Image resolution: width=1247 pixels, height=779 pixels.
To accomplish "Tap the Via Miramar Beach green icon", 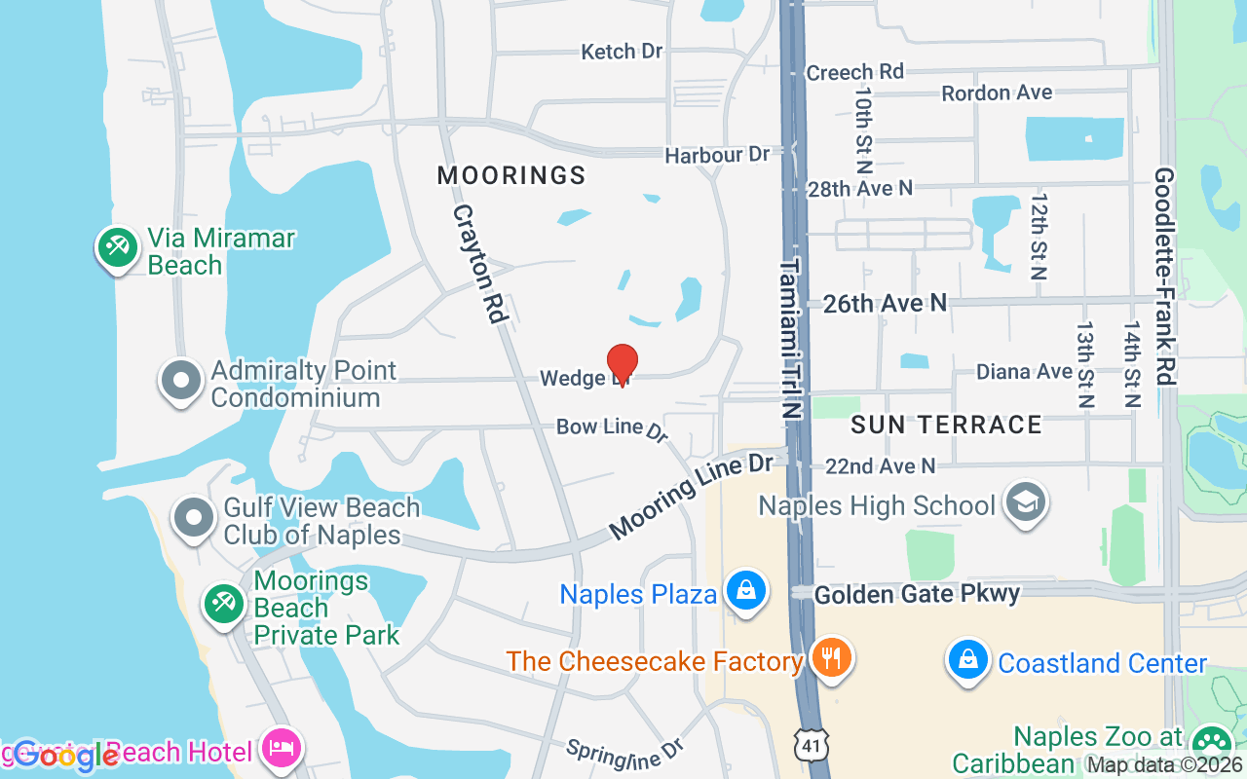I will coord(117,247).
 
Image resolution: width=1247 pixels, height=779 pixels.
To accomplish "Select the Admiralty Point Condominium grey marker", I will coord(181,381).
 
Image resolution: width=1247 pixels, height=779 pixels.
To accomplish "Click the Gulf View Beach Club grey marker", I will coord(194,517).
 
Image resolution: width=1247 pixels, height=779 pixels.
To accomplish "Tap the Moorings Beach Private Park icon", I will coord(223,604).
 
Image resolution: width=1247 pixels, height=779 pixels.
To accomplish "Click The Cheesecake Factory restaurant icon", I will coord(831,658).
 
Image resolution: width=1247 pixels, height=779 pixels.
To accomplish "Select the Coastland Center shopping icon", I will coord(968,660).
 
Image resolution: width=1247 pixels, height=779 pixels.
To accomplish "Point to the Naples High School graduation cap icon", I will coord(1025,502).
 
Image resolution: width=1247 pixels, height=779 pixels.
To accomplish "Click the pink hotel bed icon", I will coord(282,749).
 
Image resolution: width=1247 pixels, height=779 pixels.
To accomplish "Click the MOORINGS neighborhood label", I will coord(511,175).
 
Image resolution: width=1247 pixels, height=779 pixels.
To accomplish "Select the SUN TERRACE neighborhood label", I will coord(947,425).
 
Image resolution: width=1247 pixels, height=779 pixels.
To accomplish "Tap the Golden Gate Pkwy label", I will coord(917,594).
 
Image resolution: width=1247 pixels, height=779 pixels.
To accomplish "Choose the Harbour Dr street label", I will coord(717,155).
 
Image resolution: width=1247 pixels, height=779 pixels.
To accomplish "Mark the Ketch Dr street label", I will coord(622,52).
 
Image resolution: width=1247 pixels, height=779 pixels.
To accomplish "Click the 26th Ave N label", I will coord(885,304).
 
